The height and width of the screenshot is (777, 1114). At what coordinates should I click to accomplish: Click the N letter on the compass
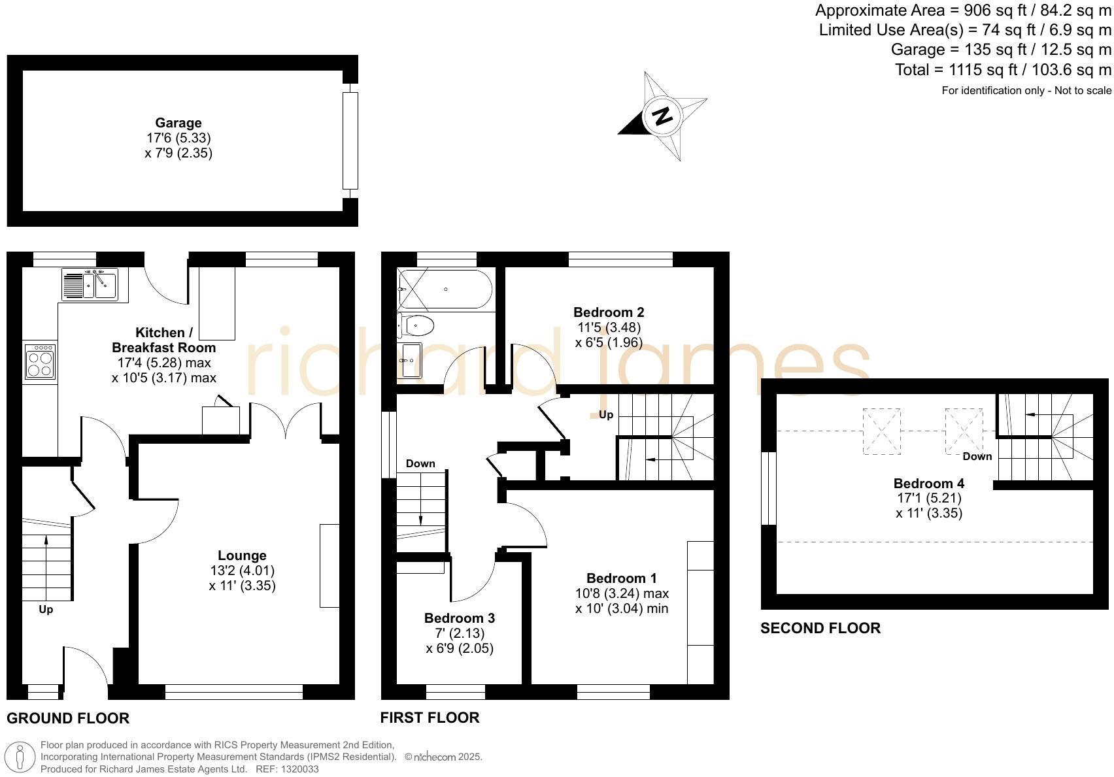[x=662, y=116]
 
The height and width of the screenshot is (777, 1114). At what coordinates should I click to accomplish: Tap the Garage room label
[x=178, y=123]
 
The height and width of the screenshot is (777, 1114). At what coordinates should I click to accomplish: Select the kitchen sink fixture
[x=91, y=285]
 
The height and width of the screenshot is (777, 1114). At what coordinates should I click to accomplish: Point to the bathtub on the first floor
[x=445, y=289]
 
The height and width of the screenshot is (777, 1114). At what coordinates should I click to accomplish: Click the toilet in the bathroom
[x=416, y=324]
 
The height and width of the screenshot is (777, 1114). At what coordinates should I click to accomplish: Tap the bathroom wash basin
[x=410, y=360]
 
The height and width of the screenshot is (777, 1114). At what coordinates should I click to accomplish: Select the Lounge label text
[x=242, y=555]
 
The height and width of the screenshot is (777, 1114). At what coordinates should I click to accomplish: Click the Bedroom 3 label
[x=459, y=618]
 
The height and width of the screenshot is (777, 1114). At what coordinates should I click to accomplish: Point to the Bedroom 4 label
[x=928, y=484]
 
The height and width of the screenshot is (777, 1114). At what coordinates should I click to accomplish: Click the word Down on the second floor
[x=977, y=457]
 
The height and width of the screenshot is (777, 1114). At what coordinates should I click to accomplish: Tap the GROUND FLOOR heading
[x=68, y=718]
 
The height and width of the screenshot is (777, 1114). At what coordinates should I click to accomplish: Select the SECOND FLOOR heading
[x=820, y=629]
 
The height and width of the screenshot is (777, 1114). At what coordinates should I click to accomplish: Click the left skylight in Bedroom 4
[x=881, y=431]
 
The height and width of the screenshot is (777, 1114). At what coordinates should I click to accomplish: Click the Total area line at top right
[x=1002, y=70]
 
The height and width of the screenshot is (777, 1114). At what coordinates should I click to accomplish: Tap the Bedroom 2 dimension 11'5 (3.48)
[x=608, y=327]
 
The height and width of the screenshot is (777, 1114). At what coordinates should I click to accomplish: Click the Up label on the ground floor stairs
[x=46, y=610]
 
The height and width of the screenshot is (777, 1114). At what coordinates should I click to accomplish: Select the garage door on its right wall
[x=350, y=141]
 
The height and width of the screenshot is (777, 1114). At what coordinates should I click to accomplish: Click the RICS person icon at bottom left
[x=20, y=757]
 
